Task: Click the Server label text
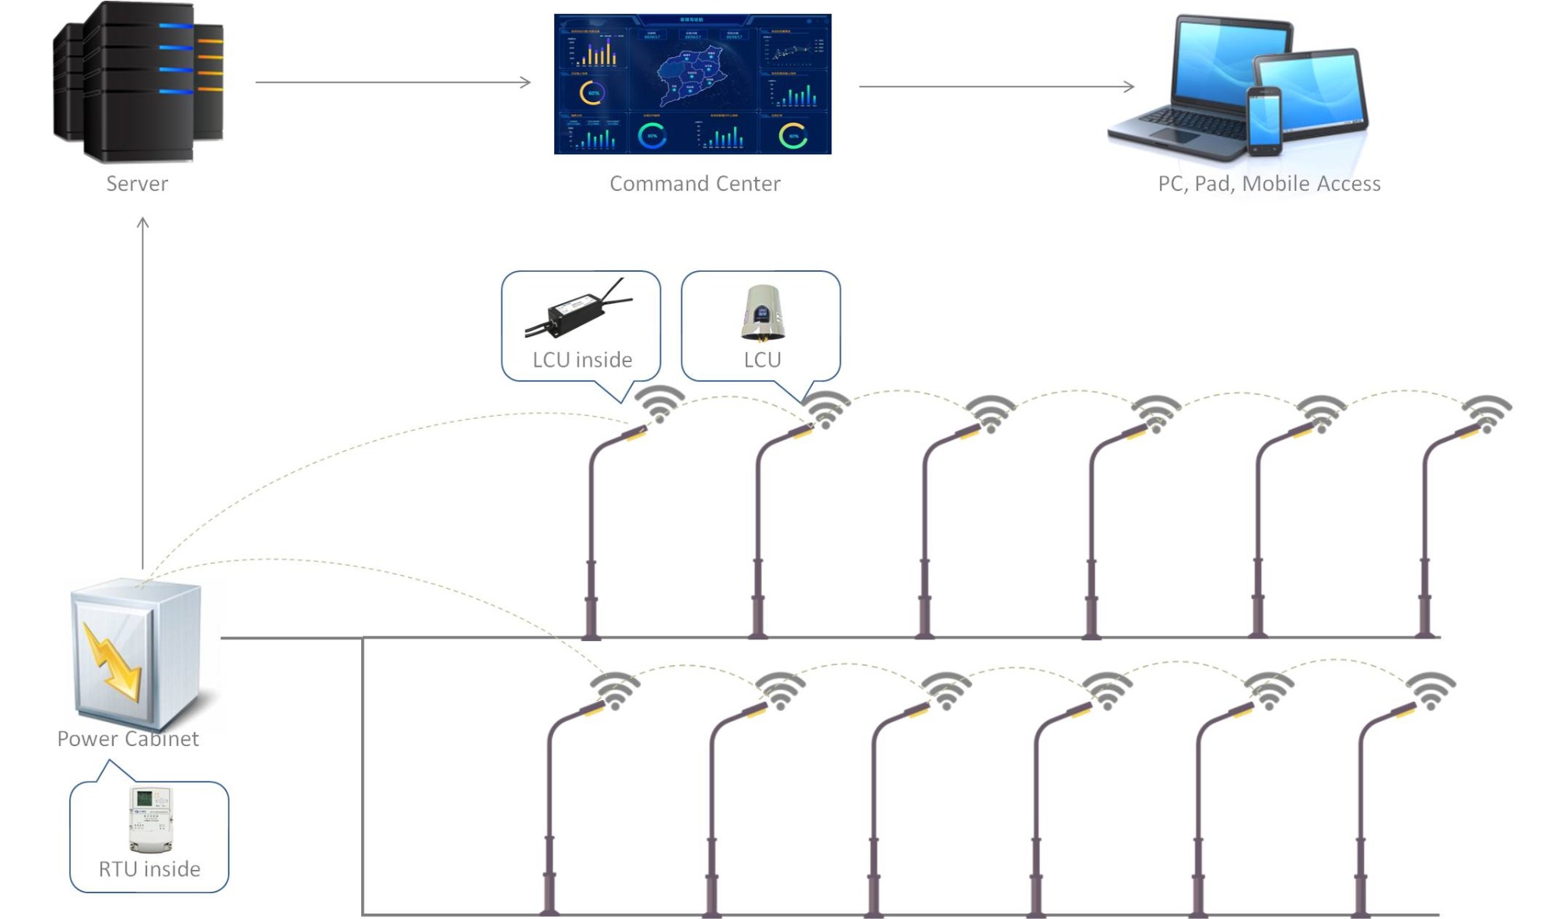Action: point(137,184)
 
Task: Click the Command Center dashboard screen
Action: point(692,84)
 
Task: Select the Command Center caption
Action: point(694,184)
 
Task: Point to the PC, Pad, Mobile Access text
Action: point(1269,184)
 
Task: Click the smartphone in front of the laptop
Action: point(1264,121)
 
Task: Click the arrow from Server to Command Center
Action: point(393,82)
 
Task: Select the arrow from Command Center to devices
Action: point(996,86)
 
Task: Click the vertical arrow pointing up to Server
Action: point(142,389)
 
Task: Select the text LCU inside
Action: point(582,360)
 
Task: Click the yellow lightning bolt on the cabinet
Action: point(114,660)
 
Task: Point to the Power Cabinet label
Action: point(128,739)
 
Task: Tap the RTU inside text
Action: point(149,869)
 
